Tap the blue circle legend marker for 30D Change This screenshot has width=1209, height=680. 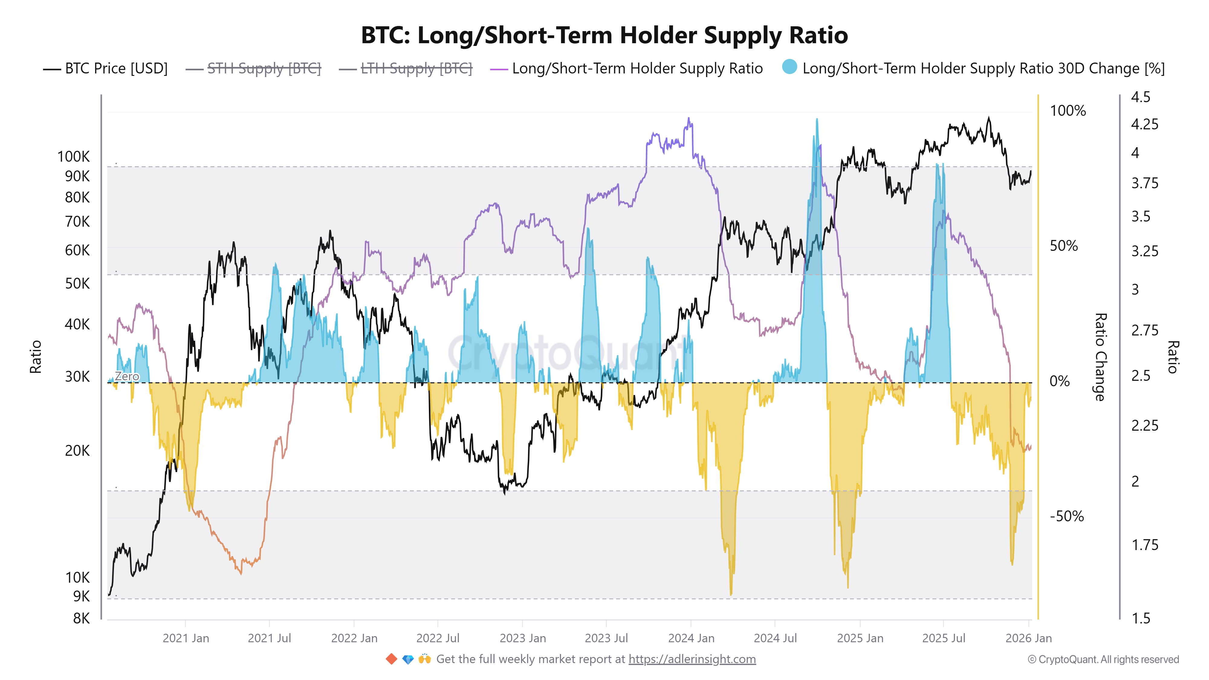pos(789,67)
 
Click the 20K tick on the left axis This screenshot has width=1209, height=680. pos(77,451)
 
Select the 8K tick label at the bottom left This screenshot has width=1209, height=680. pos(81,619)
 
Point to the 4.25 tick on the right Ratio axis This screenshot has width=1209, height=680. pos(1144,124)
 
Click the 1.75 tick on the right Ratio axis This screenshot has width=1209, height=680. pos(1144,545)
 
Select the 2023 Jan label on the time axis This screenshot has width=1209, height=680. pos(522,638)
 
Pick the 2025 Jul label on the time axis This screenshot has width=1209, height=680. pos(943,638)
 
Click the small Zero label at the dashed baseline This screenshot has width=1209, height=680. pos(127,376)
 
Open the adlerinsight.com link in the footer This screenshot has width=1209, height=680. pos(692,659)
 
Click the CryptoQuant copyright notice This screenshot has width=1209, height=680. pos(1103,659)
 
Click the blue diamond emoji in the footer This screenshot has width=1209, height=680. pos(408,659)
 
